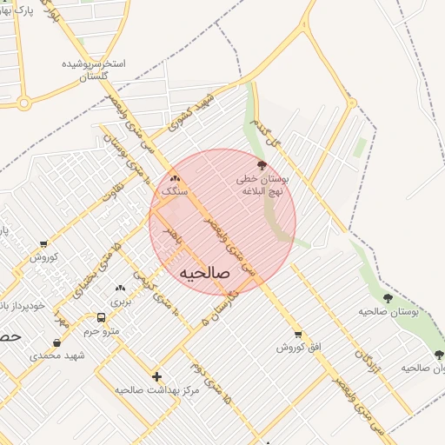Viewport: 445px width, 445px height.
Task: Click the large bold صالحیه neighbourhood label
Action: (203, 274)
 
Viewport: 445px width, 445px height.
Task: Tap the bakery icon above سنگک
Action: (163, 178)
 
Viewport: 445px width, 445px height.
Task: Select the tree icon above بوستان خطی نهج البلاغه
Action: (262, 165)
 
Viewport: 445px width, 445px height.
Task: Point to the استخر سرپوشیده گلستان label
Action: (95, 71)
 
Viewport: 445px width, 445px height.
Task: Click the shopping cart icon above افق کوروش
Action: (299, 334)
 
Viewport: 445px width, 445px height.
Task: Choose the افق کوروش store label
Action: (299, 347)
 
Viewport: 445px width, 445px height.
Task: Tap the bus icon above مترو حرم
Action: (102, 318)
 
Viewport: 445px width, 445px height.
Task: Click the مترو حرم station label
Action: (102, 331)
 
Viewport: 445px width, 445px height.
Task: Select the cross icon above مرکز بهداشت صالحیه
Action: (156, 376)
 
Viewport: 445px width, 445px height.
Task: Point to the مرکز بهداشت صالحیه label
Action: (156, 389)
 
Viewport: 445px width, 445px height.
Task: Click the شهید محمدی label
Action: (56, 355)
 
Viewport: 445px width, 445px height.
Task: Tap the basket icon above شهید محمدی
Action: (56, 342)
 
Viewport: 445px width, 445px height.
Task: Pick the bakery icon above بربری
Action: (120, 288)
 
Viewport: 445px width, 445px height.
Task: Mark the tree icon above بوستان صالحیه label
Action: (388, 298)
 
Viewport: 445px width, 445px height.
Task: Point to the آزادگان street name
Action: (362, 345)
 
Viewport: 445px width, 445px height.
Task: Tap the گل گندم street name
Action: (263, 134)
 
